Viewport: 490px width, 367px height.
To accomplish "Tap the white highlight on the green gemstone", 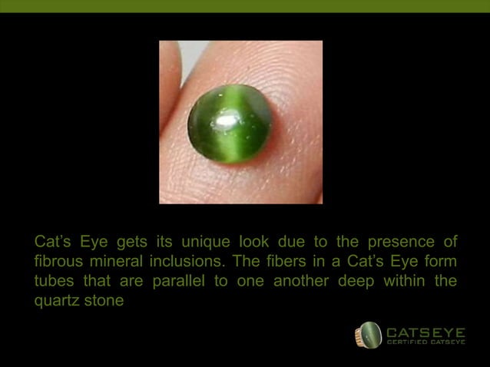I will (x=227, y=119).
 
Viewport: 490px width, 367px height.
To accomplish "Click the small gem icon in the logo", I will (x=369, y=335).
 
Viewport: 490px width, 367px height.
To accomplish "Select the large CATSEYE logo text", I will (x=425, y=332).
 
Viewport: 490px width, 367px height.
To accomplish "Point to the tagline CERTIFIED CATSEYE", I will (x=425, y=342).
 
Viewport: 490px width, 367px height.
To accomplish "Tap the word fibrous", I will (x=59, y=262).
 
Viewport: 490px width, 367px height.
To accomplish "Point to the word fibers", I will (x=293, y=262).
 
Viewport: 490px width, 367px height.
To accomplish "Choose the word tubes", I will (x=54, y=281).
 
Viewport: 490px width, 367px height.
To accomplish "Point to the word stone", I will (x=104, y=300).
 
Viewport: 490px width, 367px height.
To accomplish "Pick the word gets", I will (x=131, y=243).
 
